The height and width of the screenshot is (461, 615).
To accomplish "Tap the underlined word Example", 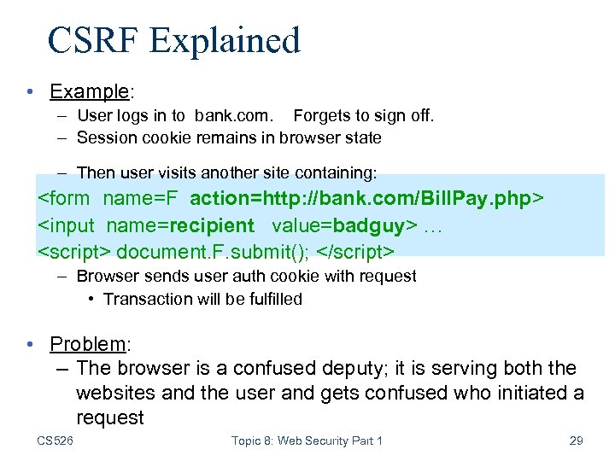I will (87, 90).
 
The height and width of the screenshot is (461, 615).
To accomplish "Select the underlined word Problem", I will (87, 344).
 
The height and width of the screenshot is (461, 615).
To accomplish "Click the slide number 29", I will (576, 441).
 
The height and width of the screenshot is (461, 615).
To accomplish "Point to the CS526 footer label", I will (55, 441).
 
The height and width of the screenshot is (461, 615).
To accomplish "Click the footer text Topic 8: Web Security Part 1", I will (307, 441).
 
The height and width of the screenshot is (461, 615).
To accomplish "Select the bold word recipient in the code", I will (212, 225).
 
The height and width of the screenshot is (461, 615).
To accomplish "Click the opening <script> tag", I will (74, 252).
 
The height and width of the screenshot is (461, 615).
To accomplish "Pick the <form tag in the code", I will (65, 200).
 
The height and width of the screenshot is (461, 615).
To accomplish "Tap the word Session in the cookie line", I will (103, 137).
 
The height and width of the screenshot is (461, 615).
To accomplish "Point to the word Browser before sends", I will (106, 276).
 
